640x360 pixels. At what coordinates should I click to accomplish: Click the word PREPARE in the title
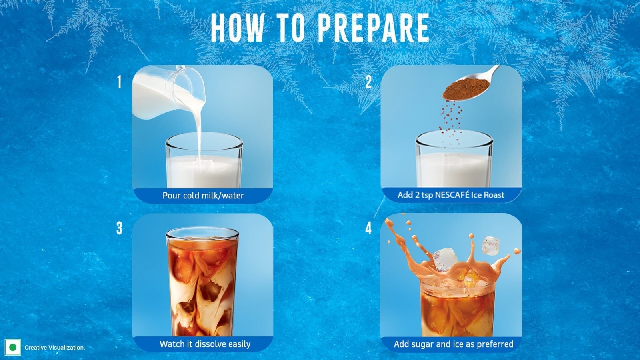[374, 28]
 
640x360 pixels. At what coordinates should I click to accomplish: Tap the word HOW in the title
[238, 28]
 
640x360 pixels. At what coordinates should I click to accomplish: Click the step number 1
[120, 82]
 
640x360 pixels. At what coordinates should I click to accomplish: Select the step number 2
[368, 82]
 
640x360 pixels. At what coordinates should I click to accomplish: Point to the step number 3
[119, 228]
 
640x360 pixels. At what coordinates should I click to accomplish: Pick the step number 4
[368, 228]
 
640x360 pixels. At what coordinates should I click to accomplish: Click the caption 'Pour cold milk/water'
[203, 196]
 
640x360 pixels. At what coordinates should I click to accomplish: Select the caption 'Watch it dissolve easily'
[205, 344]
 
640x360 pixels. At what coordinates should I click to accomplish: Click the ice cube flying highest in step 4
[491, 245]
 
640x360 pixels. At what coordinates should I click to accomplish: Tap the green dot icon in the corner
[13, 348]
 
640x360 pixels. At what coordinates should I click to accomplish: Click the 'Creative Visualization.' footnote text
[55, 348]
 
